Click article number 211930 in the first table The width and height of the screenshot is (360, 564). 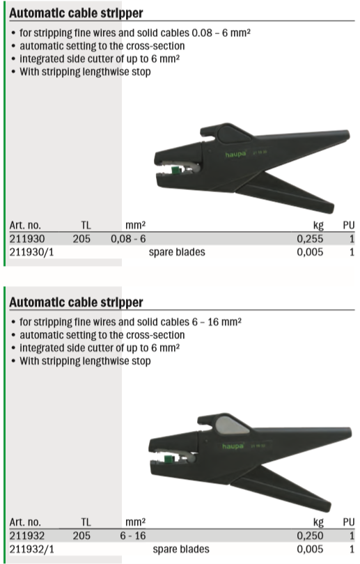pyautogui.click(x=27, y=239)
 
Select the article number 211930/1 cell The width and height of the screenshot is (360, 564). pyautogui.click(x=31, y=252)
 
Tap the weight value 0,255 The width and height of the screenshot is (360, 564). pyautogui.click(x=310, y=239)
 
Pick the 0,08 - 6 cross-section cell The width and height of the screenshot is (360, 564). pyautogui.click(x=128, y=239)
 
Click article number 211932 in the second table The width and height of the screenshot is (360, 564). pyautogui.click(x=27, y=536)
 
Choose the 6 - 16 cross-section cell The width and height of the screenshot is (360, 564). pyautogui.click(x=133, y=536)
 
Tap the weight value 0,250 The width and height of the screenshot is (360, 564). pyautogui.click(x=310, y=536)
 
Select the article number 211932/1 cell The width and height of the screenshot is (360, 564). pyautogui.click(x=31, y=549)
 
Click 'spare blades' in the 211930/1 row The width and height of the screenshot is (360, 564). pyautogui.click(x=177, y=252)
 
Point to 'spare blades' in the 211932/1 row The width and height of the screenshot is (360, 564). pyautogui.click(x=181, y=549)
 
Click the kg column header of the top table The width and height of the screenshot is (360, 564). pyautogui.click(x=318, y=226)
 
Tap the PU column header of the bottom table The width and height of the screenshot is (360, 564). pyautogui.click(x=348, y=522)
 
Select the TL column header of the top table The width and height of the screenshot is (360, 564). pyautogui.click(x=86, y=226)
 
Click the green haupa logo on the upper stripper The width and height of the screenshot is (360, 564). pyautogui.click(x=235, y=155)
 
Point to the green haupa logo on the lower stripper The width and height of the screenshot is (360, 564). pyautogui.click(x=233, y=446)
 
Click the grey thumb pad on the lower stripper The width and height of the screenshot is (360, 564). pyautogui.click(x=231, y=425)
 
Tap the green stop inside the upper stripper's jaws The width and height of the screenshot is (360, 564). pyautogui.click(x=176, y=170)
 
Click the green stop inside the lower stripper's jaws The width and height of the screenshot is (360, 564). pyautogui.click(x=168, y=459)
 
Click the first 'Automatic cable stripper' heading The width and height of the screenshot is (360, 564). pyautogui.click(x=76, y=13)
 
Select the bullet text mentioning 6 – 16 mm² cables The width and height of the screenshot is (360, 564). pyautogui.click(x=130, y=322)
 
